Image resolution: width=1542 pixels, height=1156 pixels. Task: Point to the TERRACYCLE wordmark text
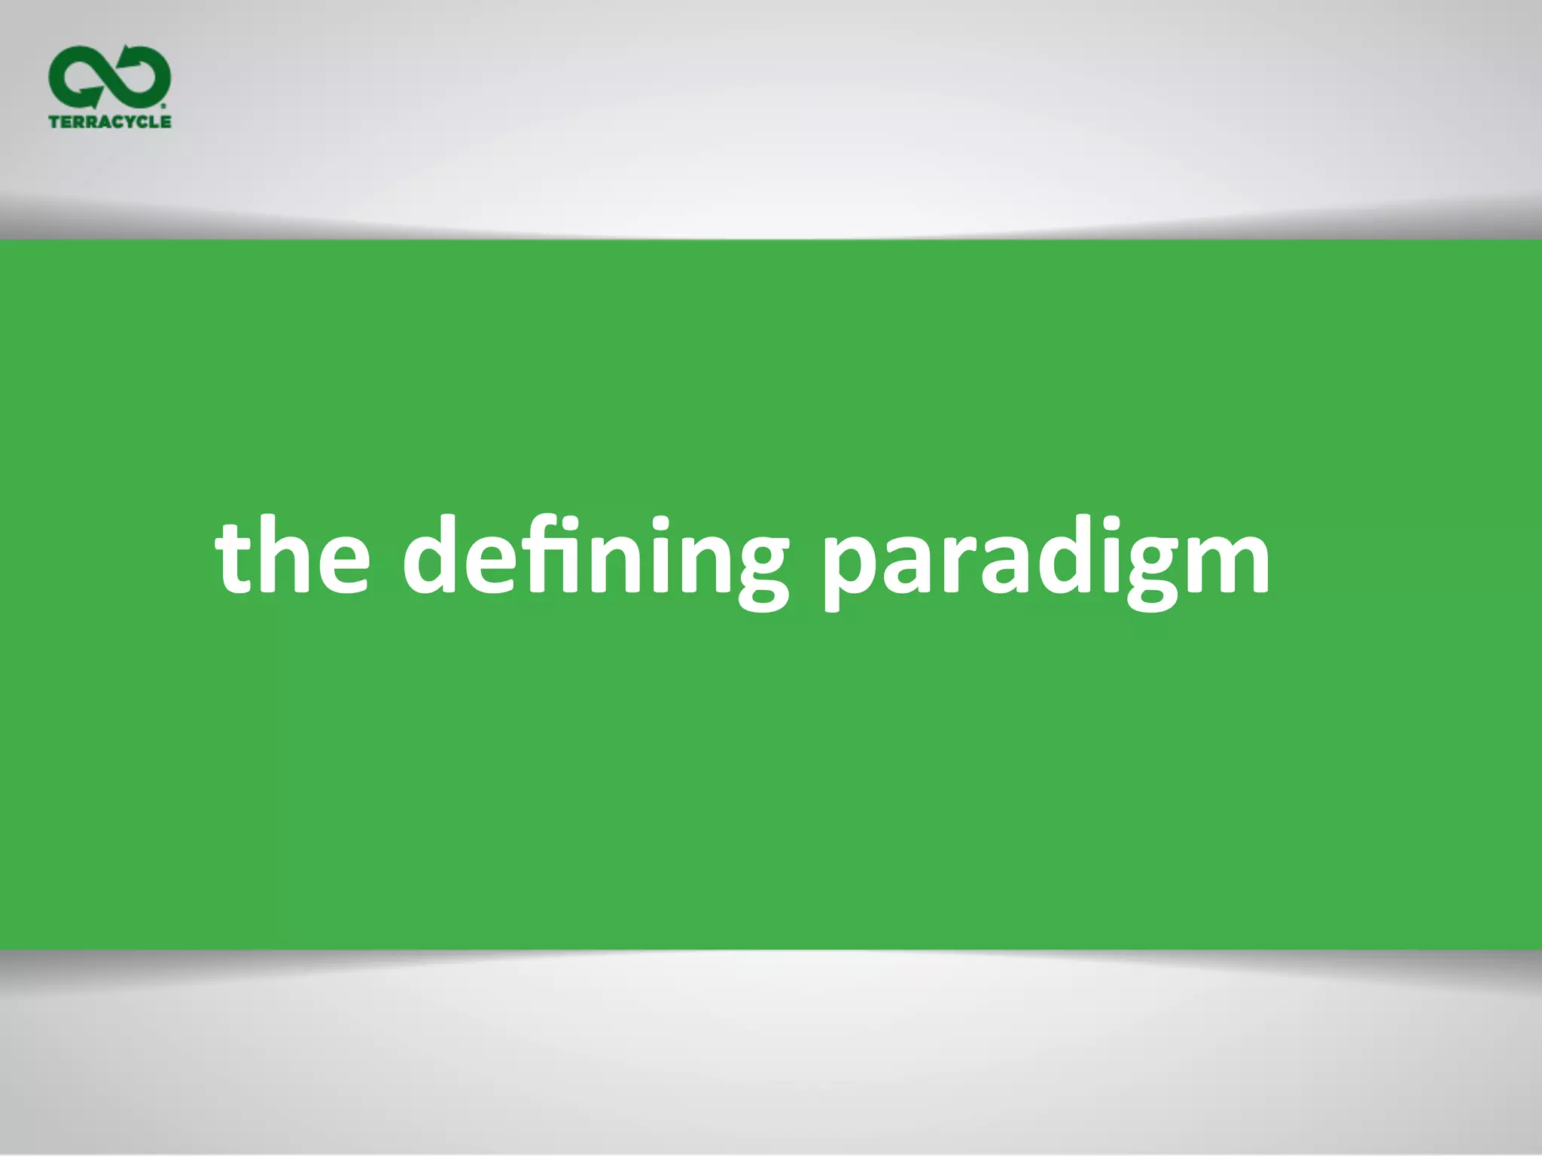point(110,121)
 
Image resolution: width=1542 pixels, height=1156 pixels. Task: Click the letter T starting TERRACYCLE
point(54,121)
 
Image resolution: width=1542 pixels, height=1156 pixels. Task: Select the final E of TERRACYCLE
point(166,121)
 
